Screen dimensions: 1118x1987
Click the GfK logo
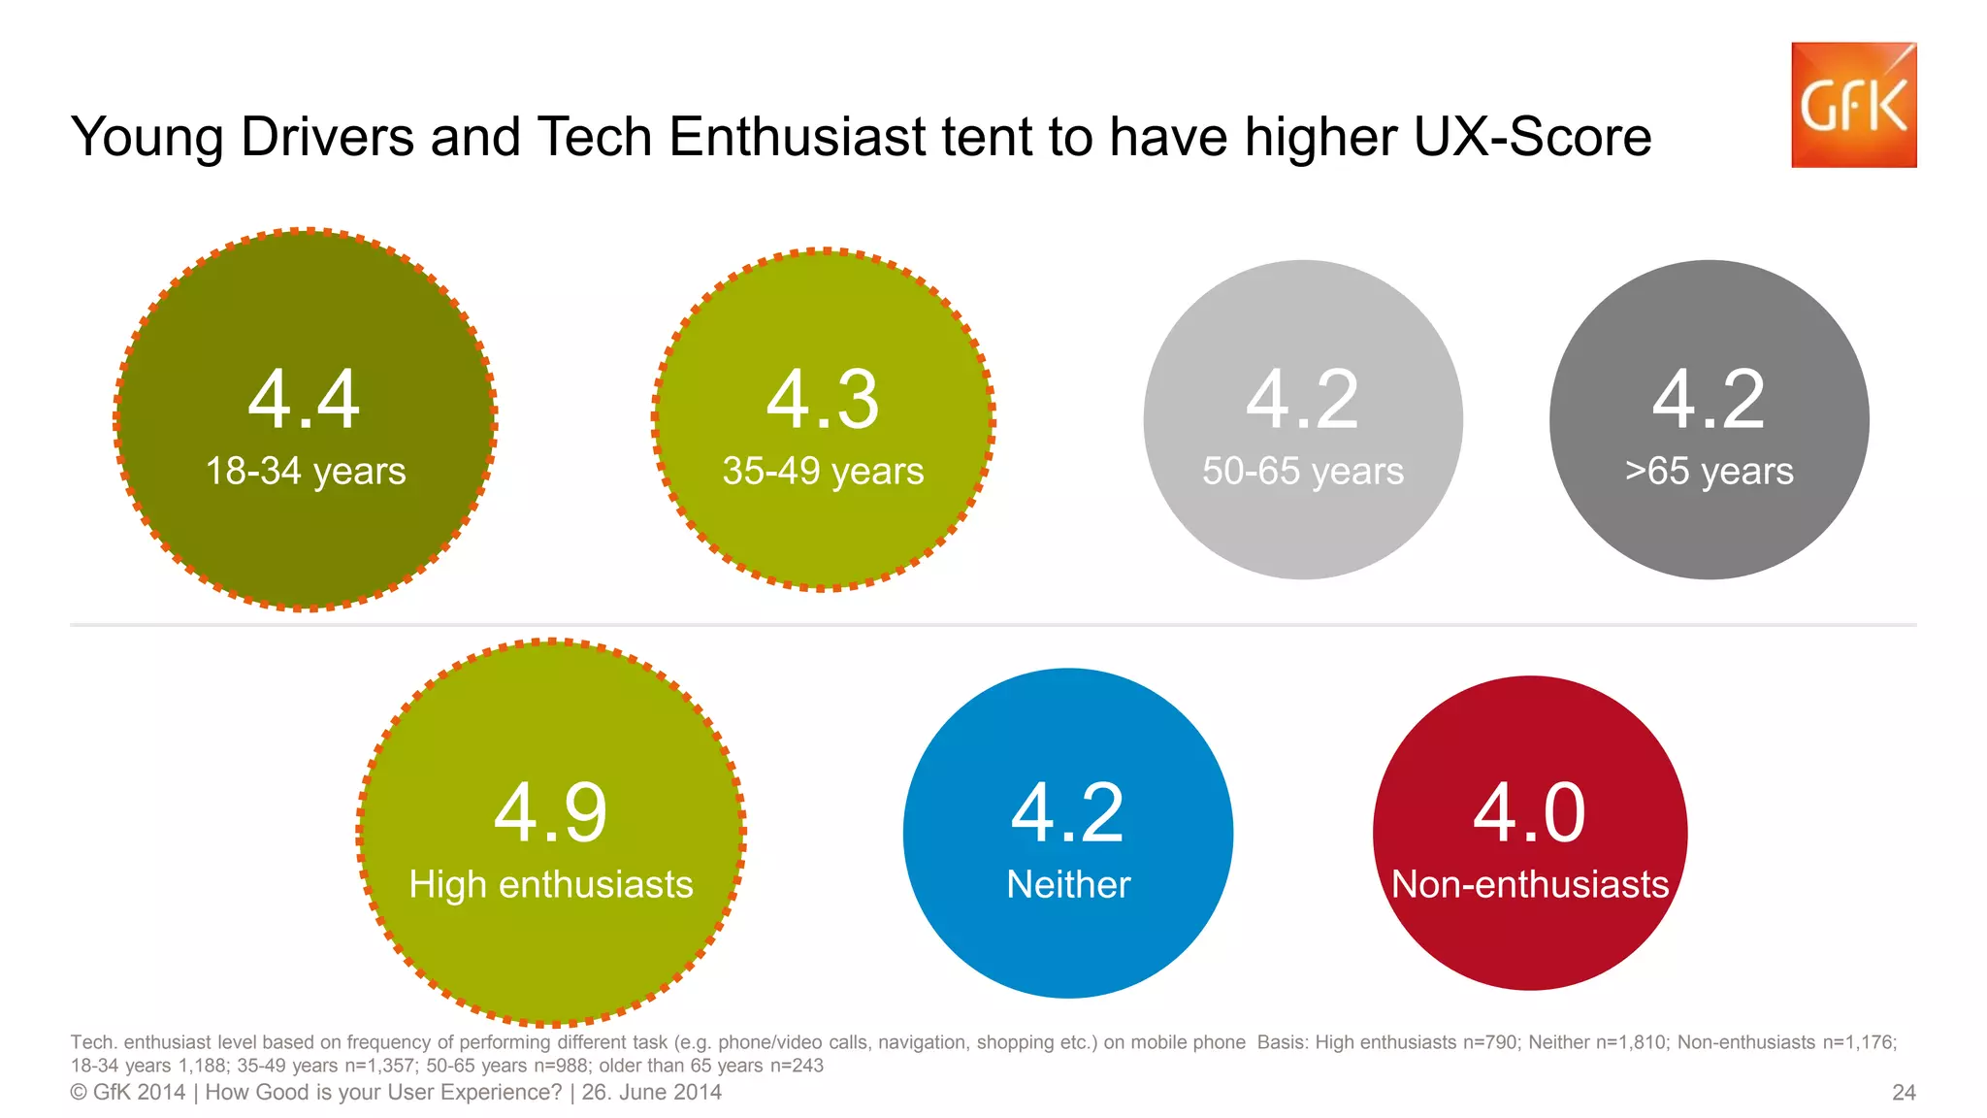pyautogui.click(x=1853, y=105)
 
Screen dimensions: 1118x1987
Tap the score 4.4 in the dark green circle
pyautogui.click(x=304, y=399)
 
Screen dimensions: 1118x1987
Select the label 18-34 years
pyautogui.click(x=306, y=472)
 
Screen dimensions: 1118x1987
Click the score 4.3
pyautogui.click(x=823, y=399)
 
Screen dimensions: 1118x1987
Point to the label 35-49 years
pyautogui.click(x=823, y=472)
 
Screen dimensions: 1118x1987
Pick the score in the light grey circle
pyautogui.click(x=1302, y=399)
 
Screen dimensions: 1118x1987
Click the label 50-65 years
pyautogui.click(x=1302, y=472)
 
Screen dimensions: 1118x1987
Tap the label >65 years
pyautogui.click(x=1709, y=472)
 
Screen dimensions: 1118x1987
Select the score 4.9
pyautogui.click(x=550, y=812)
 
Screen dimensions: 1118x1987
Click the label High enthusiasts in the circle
pyautogui.click(x=551, y=885)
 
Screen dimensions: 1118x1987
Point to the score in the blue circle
pyautogui.click(x=1067, y=812)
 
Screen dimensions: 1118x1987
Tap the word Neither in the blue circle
pyautogui.click(x=1068, y=885)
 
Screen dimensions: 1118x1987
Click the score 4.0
pyautogui.click(x=1529, y=812)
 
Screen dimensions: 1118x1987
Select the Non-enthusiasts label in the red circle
pyautogui.click(x=1530, y=885)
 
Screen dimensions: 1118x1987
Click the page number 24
pyautogui.click(x=1904, y=1093)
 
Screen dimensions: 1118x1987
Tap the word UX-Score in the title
pyautogui.click(x=1532, y=137)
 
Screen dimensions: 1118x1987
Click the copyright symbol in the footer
pyautogui.click(x=78, y=1093)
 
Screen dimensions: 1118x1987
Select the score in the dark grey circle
pyautogui.click(x=1709, y=399)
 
